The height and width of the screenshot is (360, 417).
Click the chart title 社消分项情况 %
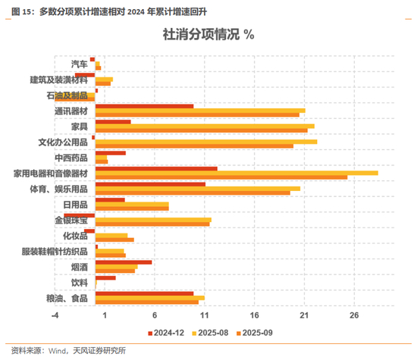[208, 35]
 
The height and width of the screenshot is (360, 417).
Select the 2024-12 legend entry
[166, 333]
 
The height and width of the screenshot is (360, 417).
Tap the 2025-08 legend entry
[210, 333]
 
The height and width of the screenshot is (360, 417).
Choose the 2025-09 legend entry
[255, 333]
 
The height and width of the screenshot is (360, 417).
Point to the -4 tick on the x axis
[55, 315]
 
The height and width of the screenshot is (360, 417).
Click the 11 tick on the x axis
[205, 315]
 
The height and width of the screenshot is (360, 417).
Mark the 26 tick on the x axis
[354, 315]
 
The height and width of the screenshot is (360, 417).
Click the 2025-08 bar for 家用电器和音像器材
[237, 173]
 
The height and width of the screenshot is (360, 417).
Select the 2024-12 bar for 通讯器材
[144, 106]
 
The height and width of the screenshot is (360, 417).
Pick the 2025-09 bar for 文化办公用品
[194, 146]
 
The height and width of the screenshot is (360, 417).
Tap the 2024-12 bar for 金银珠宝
[80, 215]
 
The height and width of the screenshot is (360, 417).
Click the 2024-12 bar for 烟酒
[124, 262]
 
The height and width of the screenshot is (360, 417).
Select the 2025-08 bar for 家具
[205, 127]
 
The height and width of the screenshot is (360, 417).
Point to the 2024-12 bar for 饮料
[105, 278]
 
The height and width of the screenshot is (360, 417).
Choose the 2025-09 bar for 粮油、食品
[147, 302]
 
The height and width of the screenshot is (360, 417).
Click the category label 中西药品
[71, 158]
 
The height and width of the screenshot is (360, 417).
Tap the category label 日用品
[76, 205]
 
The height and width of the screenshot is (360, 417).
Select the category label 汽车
[80, 64]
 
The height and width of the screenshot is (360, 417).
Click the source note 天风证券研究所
[99, 351]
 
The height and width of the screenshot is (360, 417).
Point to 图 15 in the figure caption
[21, 11]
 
